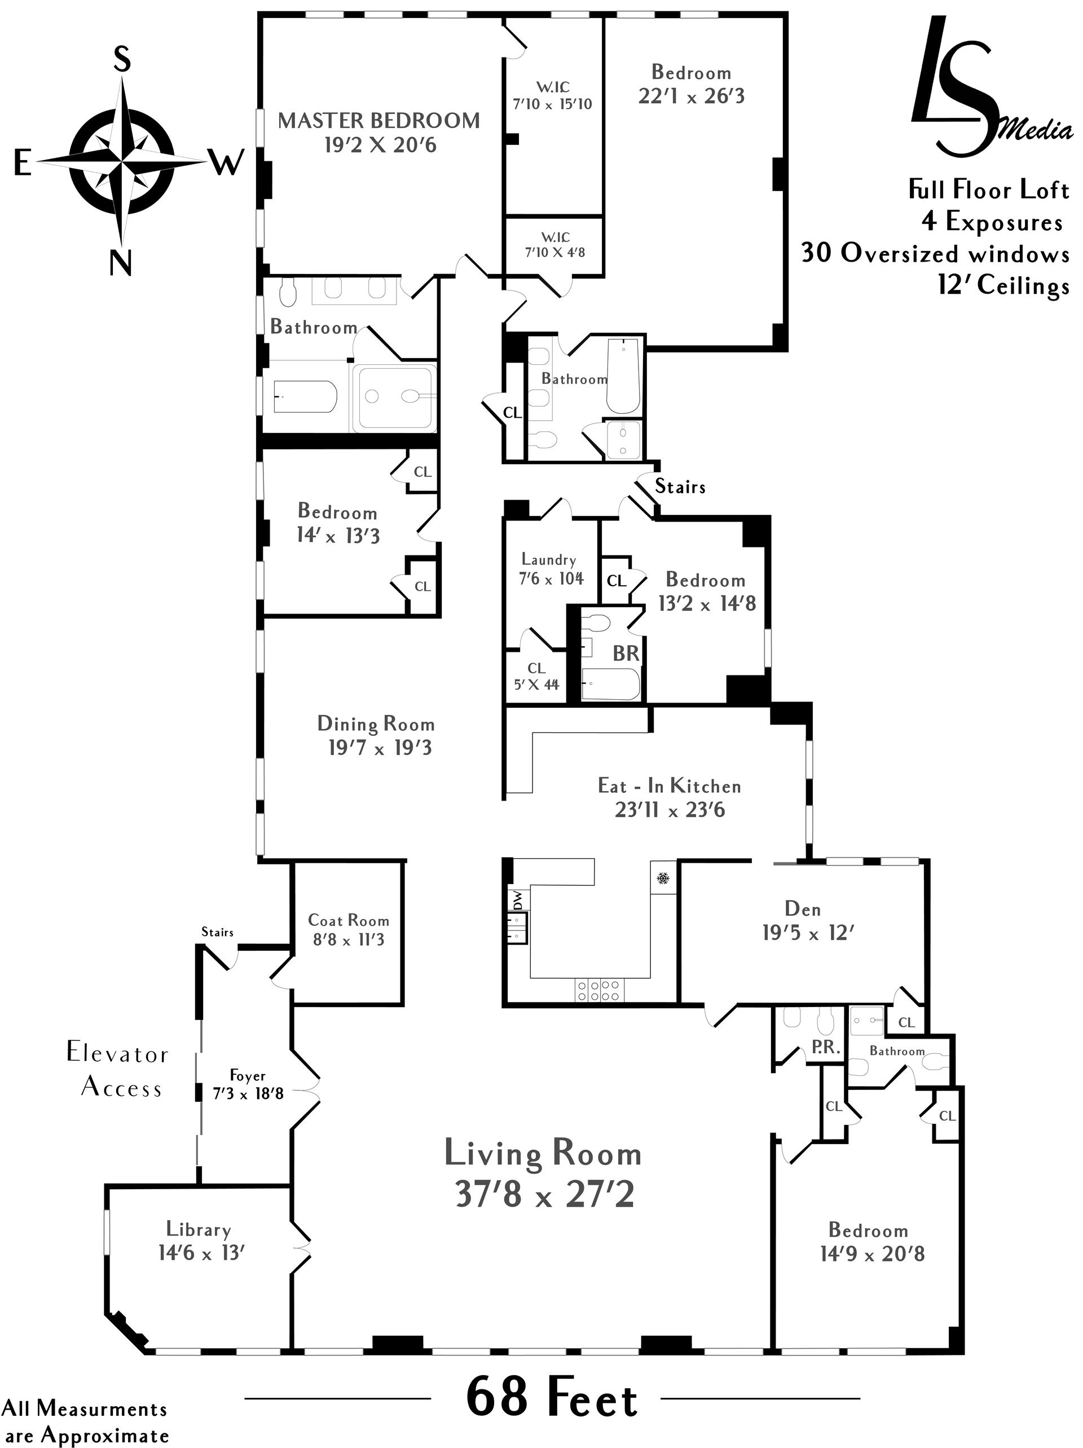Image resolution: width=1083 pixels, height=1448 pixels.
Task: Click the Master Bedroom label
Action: coord(378,121)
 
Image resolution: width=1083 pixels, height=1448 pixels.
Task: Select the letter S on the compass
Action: coord(122,60)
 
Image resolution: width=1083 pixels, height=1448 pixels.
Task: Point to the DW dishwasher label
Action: coord(518,900)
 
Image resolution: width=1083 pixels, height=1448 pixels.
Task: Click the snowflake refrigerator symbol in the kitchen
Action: coord(663,878)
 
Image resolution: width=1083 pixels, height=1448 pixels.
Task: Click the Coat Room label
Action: coord(349,920)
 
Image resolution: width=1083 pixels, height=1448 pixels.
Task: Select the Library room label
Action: coord(199,1229)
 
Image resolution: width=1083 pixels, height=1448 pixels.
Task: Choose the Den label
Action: coord(803,908)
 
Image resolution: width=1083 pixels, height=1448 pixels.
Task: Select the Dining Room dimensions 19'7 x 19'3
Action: coord(380,748)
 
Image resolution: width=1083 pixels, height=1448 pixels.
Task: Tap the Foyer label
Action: coord(248,1075)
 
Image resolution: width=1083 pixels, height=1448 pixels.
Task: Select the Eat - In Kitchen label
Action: coord(669,785)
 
